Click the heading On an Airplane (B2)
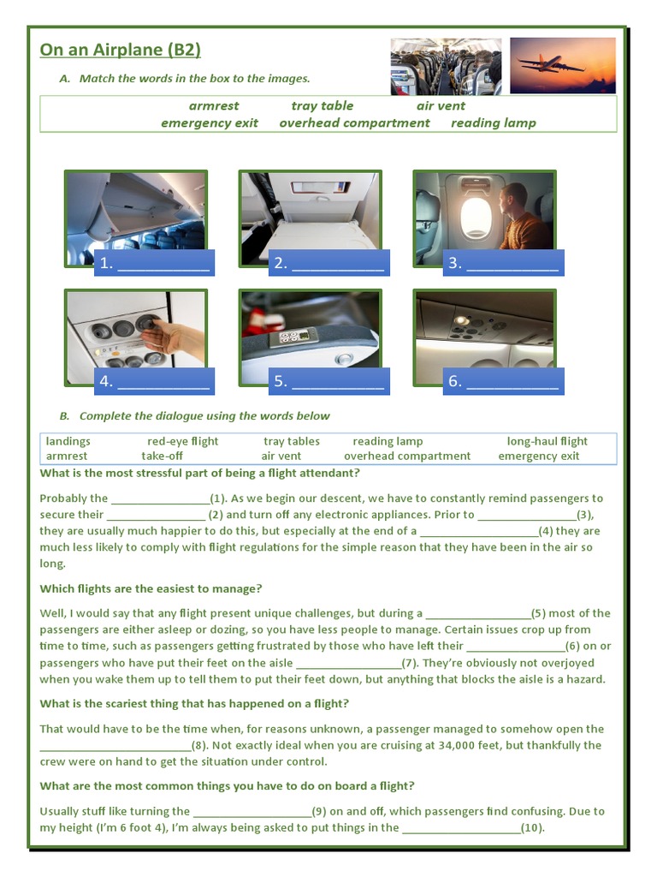(120, 50)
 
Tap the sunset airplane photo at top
(552, 65)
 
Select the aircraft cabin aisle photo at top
(446, 66)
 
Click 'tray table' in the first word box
(322, 106)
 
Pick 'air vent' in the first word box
(441, 106)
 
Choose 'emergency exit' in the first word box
(210, 123)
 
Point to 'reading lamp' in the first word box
(494, 123)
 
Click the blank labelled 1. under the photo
(154, 263)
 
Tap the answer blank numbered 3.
(503, 263)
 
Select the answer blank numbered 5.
(328, 381)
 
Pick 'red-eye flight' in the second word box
(182, 441)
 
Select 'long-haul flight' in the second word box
(547, 441)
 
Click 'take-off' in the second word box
(163, 456)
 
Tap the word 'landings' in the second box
(68, 441)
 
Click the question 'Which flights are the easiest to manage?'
(151, 588)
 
